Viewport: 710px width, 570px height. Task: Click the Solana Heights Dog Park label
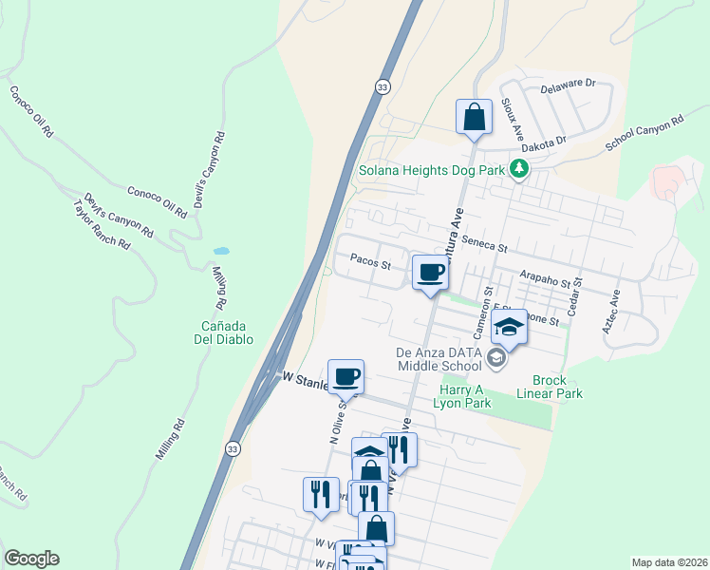[431, 172]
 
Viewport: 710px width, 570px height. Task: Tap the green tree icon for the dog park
[518, 170]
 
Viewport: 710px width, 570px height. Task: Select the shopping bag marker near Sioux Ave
[474, 118]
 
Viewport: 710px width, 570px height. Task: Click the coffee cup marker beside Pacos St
[430, 274]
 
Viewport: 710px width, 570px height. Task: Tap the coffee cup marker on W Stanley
[346, 377]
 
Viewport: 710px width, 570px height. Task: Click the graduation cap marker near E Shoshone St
[510, 328]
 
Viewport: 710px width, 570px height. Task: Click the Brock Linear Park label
[550, 386]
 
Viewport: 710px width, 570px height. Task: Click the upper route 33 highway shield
[382, 85]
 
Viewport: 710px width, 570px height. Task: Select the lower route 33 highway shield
[233, 447]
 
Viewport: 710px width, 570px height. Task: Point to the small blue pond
[221, 251]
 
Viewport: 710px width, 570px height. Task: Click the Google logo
[31, 559]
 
